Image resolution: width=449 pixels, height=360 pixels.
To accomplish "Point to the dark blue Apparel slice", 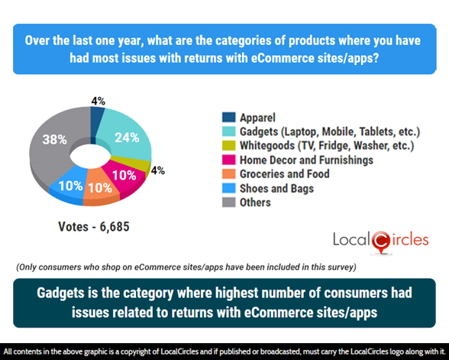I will point(97,115).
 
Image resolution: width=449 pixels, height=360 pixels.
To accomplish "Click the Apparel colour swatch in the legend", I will point(228,118).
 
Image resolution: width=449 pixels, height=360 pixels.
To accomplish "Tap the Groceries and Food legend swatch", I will point(228,174).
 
